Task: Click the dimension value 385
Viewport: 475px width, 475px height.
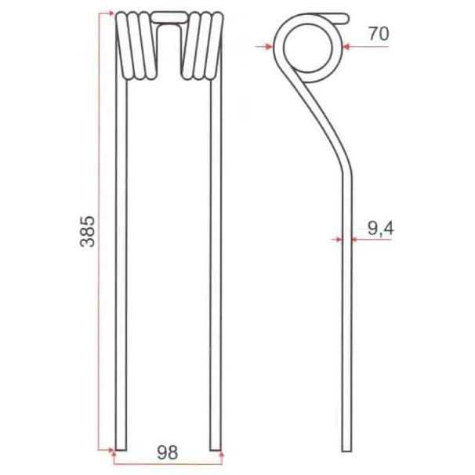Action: pos(87,231)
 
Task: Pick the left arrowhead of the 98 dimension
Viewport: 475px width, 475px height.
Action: pos(114,452)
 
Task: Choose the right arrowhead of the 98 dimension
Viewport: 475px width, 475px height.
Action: pos(221,452)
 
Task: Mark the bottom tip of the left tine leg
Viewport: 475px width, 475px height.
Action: pos(120,448)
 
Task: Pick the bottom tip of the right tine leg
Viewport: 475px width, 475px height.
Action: pos(215,448)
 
